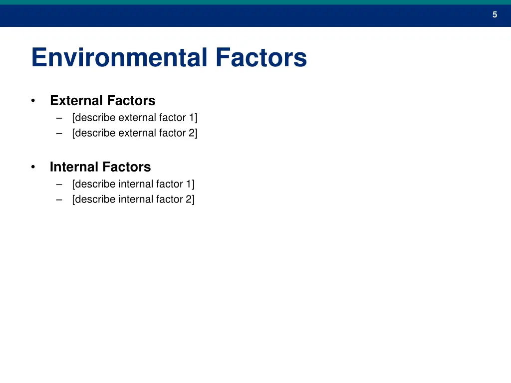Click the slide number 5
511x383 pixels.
pyautogui.click(x=495, y=15)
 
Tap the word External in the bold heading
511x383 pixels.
pyautogui.click(x=76, y=101)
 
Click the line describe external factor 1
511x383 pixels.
pyautogui.click(x=135, y=118)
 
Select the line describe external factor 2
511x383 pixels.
pyautogui.click(x=135, y=133)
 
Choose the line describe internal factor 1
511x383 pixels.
pyautogui.click(x=133, y=184)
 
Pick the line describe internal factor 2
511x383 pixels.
pyautogui.click(x=133, y=199)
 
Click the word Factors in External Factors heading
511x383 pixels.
pyautogui.click(x=131, y=101)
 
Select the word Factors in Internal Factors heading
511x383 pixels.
pyautogui.click(x=126, y=167)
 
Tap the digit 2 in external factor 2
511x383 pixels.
pyautogui.click(x=192, y=133)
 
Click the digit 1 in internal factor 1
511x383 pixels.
pyautogui.click(x=189, y=184)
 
